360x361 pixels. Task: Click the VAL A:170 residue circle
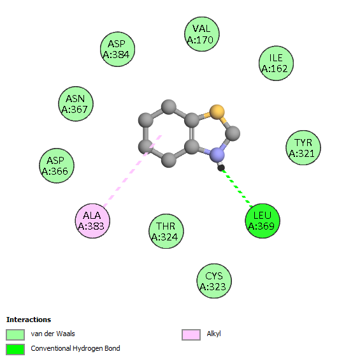202,34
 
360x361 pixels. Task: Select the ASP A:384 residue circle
117,49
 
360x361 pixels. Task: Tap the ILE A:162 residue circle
277,63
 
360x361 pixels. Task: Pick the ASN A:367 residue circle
76,104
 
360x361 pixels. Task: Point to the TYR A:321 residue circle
303,147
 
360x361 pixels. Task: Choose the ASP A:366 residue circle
57,166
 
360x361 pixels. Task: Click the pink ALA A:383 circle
92,221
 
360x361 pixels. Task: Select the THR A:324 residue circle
166,231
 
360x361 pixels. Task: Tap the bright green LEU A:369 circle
263,221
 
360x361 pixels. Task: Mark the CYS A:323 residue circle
214,281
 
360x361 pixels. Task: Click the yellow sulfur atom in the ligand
217,112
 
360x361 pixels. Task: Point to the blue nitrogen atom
217,155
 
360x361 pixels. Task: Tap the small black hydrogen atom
221,168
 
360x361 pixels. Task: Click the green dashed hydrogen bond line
237,187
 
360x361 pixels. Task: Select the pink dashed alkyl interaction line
133,171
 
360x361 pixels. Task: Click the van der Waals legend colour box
15,334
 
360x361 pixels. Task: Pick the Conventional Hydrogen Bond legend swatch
15,350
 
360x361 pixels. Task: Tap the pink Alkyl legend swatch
191,334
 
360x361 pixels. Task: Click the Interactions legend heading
29,320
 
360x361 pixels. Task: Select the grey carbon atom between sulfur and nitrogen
233,133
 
